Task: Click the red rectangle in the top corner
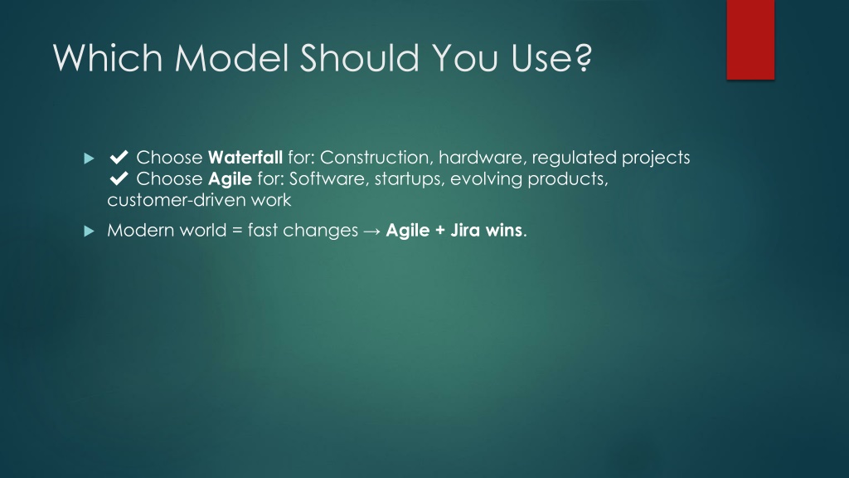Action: click(750, 40)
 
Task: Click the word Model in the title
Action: click(231, 57)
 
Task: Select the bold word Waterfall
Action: click(245, 157)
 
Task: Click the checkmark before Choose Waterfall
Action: click(119, 157)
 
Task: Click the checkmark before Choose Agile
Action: click(119, 178)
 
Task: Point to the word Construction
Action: click(377, 157)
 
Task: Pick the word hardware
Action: click(483, 157)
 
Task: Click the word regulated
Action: click(574, 159)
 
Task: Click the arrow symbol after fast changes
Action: click(372, 231)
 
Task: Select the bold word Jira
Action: click(465, 230)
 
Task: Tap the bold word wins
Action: click(503, 230)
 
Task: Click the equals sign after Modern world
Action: click(236, 231)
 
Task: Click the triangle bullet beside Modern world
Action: click(90, 232)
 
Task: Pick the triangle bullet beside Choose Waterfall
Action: click(90, 159)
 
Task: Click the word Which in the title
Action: click(108, 57)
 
